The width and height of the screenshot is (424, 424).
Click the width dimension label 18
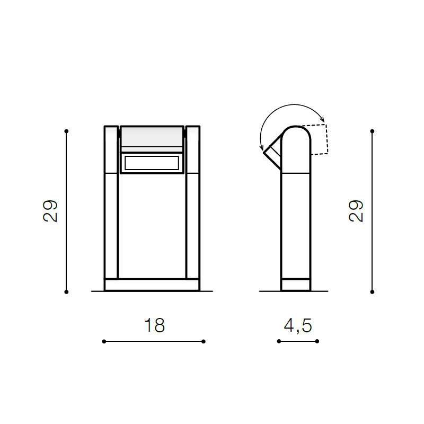point(154,325)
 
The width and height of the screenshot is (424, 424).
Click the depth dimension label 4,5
point(298,325)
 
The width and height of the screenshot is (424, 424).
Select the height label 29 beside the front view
point(50,211)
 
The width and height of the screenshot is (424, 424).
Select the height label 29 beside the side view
point(356,211)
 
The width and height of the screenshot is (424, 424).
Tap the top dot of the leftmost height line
point(66,131)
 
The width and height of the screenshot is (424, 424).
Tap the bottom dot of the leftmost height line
point(66,292)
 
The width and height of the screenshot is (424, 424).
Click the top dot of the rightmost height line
point(372,131)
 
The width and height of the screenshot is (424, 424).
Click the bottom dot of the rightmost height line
point(372,292)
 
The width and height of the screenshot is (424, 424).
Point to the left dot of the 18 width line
point(104,341)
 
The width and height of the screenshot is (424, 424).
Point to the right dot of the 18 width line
point(204,341)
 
